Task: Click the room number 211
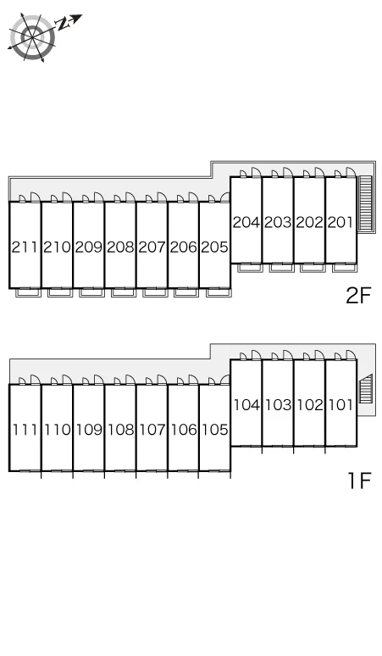pyautogui.click(x=25, y=247)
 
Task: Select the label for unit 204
pyautogui.click(x=246, y=222)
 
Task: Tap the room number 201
pyautogui.click(x=340, y=222)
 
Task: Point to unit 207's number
pyautogui.click(x=152, y=247)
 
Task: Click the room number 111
pyautogui.click(x=25, y=430)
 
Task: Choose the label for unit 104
pyautogui.click(x=246, y=405)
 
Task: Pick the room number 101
pyautogui.click(x=340, y=405)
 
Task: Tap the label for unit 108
pyautogui.click(x=120, y=430)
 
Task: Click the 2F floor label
pyautogui.click(x=358, y=296)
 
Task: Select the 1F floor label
pyautogui.click(x=359, y=481)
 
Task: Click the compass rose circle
pyautogui.click(x=32, y=37)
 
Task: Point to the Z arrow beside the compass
pyautogui.click(x=69, y=22)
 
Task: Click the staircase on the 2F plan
pyautogui.click(x=365, y=203)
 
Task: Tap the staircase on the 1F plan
pyautogui.click(x=365, y=389)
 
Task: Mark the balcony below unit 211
pyautogui.click(x=29, y=292)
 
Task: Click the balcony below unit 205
pyautogui.click(x=219, y=292)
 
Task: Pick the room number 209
pyautogui.click(x=89, y=247)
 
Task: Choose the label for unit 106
pyautogui.click(x=184, y=430)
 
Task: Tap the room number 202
pyautogui.click(x=309, y=222)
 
